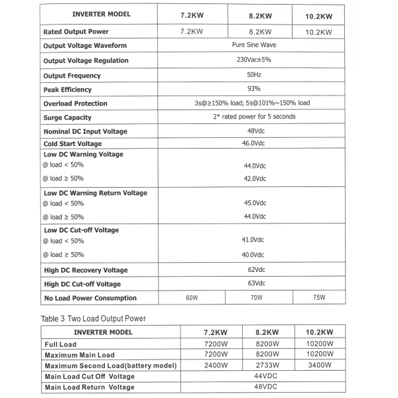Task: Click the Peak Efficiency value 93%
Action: point(253,89)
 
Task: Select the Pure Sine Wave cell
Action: point(254,45)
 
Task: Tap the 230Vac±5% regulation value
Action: point(254,60)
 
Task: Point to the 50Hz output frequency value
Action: point(253,74)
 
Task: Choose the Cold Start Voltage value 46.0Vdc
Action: point(253,143)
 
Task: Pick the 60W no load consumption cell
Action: point(192,298)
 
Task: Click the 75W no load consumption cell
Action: point(319,298)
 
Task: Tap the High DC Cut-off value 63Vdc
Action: point(253,284)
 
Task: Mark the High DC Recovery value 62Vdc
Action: point(253,270)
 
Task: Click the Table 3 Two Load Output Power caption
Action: point(94,318)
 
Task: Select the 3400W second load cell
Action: point(320,365)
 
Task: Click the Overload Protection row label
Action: point(75,103)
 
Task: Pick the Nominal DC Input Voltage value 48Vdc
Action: point(253,131)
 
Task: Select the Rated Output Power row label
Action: point(76,31)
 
